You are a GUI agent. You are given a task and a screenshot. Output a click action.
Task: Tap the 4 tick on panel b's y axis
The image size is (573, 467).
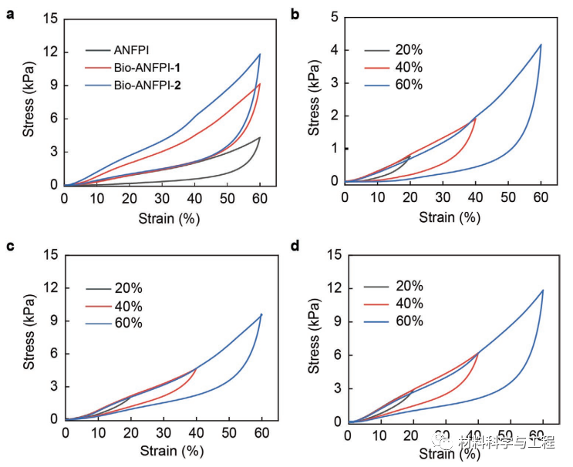click(335, 50)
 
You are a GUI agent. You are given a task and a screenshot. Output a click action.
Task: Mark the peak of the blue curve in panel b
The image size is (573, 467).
click(541, 44)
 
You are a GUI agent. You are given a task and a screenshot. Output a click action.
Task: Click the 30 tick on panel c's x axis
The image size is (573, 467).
click(163, 434)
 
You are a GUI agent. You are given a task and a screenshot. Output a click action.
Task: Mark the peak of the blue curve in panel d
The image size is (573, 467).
click(543, 290)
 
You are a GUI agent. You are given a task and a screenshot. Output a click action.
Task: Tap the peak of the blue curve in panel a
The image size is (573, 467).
click(260, 54)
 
